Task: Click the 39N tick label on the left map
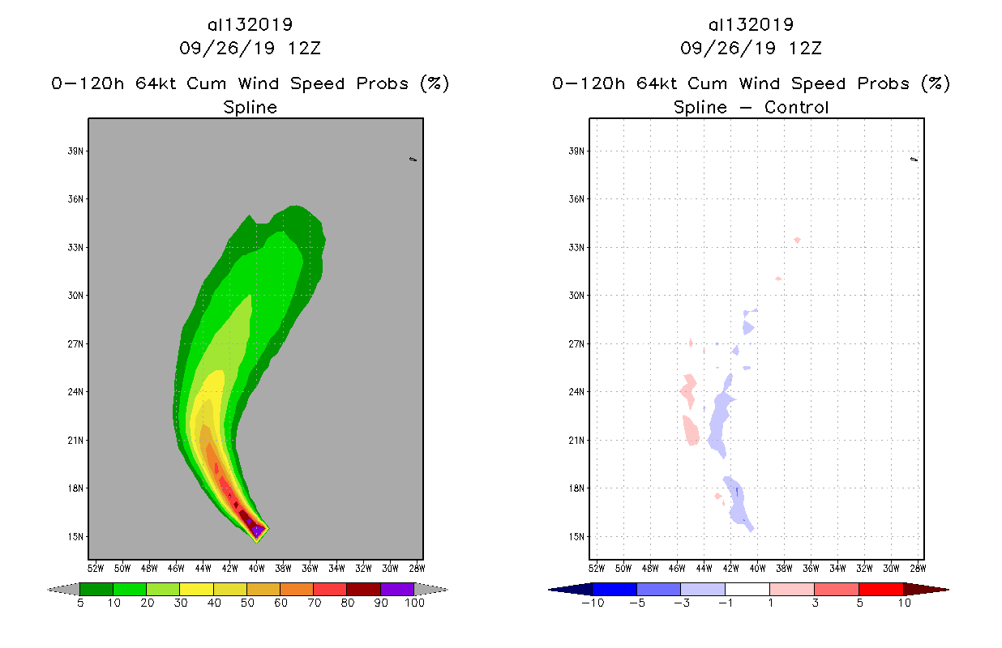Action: coord(78,151)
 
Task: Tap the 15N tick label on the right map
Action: coord(579,536)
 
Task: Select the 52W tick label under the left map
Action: coord(95,567)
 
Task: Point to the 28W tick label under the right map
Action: coord(918,567)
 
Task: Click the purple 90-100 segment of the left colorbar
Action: coord(397,589)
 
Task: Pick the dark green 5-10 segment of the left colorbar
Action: coord(96,589)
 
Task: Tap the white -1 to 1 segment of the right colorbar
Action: coord(747,589)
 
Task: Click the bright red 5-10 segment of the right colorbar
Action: coord(880,589)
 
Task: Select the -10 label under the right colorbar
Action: coord(592,603)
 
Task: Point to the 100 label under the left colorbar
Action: coord(414,603)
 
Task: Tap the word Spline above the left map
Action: coord(250,108)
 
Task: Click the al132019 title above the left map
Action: coord(250,25)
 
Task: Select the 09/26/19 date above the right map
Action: coord(721,48)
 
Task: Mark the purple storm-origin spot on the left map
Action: coord(257,530)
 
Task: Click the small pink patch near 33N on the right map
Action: coord(798,240)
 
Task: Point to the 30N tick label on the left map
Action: coord(78,296)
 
